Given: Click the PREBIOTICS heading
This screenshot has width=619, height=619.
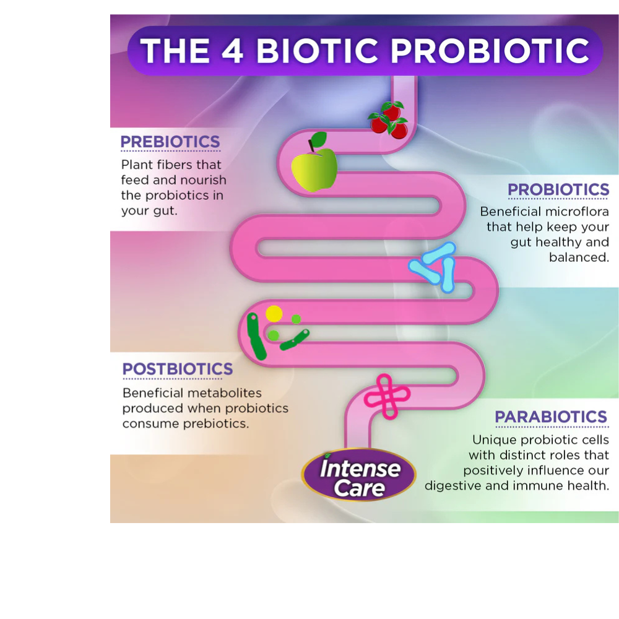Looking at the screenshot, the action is (x=170, y=142).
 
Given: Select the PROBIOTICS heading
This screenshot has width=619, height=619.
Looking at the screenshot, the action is (x=558, y=189).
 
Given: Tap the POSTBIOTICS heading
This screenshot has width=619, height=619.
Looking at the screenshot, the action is (x=178, y=369).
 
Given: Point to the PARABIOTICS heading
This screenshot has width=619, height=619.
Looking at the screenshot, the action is (x=551, y=417).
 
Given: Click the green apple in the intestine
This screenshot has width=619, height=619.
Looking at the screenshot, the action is (x=314, y=170).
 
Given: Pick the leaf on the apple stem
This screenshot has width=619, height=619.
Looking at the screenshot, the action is (x=319, y=139).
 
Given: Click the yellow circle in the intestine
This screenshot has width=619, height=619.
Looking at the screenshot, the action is (x=274, y=314).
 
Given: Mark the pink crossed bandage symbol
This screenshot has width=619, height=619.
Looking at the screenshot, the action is (x=387, y=396).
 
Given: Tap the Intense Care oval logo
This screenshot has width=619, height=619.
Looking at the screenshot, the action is (x=358, y=475).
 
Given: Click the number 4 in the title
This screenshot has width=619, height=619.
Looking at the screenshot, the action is (x=232, y=51).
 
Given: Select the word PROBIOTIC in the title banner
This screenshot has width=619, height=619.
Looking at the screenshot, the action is (x=490, y=51).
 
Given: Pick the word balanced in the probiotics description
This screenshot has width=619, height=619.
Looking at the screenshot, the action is (x=579, y=258).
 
